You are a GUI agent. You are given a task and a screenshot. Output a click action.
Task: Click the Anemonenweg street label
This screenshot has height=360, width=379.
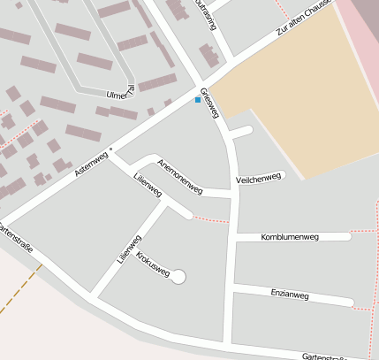click(179, 178)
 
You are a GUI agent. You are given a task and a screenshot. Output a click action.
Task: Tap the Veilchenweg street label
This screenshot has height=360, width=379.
click(258, 179)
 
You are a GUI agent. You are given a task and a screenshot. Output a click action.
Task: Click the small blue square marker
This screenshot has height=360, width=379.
click(197, 100)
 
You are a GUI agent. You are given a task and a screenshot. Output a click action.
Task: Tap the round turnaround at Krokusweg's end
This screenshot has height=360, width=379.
click(178, 277)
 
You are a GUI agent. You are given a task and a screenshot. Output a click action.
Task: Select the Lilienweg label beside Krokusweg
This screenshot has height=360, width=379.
click(129, 249)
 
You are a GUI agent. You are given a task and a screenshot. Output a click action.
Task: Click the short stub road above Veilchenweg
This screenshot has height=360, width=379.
click(240, 132)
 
